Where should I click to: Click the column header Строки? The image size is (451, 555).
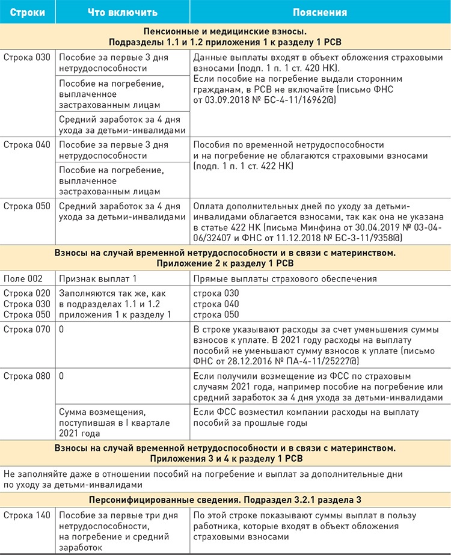pos(26,11)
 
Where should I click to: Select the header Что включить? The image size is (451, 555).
pos(122,11)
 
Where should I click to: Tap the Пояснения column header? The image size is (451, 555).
pos(319,11)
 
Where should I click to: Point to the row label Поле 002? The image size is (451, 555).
pos(23,279)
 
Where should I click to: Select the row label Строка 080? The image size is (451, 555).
pos(27,376)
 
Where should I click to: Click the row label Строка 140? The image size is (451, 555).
pos(27,515)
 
